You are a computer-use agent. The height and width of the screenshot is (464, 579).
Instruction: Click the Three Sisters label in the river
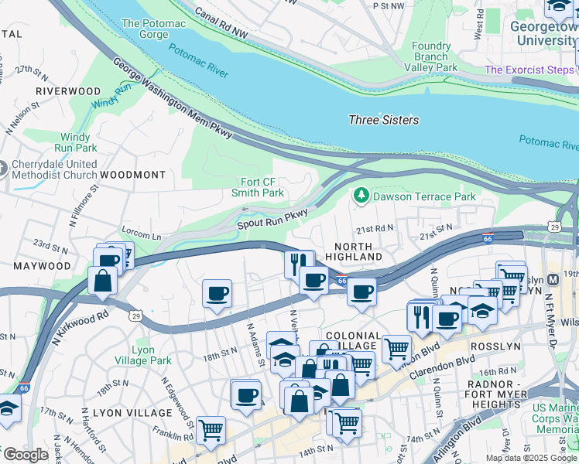point(383,120)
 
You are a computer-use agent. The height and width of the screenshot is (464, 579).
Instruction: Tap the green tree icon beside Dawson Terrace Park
point(361,196)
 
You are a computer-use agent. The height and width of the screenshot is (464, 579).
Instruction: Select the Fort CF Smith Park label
point(258,187)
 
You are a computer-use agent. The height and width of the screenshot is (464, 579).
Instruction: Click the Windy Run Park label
point(76,142)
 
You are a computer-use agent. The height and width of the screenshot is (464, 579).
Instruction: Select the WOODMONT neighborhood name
point(132,176)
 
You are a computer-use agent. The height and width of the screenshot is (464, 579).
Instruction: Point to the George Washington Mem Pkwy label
point(173,101)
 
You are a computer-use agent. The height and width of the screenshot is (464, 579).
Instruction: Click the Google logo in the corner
point(25,455)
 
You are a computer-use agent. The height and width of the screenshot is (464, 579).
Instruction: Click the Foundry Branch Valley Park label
point(431,56)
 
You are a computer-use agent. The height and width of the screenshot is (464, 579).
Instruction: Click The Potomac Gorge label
point(153,29)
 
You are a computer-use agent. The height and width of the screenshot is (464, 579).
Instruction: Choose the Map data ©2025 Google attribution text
point(530,458)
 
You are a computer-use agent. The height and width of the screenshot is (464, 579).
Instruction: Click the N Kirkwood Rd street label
point(81,329)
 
